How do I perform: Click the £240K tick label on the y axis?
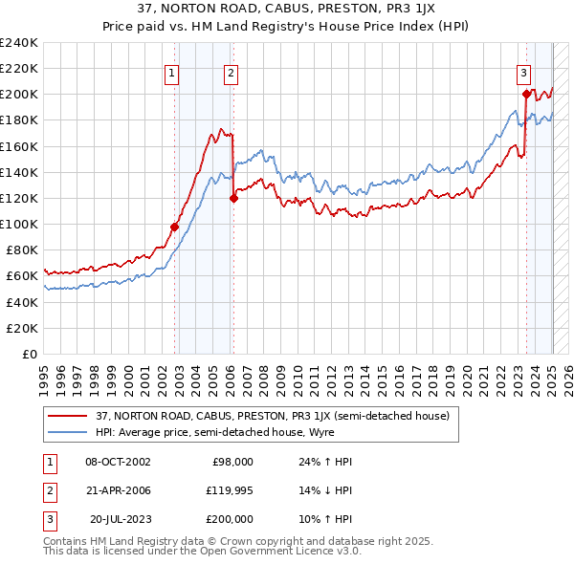19,42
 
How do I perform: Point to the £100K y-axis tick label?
19,224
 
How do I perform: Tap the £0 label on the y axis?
30,354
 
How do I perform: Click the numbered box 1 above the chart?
171,72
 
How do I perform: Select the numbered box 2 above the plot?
232,72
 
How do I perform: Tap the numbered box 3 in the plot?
524,72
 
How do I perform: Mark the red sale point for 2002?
175,227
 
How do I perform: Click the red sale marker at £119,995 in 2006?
233,199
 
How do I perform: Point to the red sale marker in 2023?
526,94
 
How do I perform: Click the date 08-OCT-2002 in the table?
118,461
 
